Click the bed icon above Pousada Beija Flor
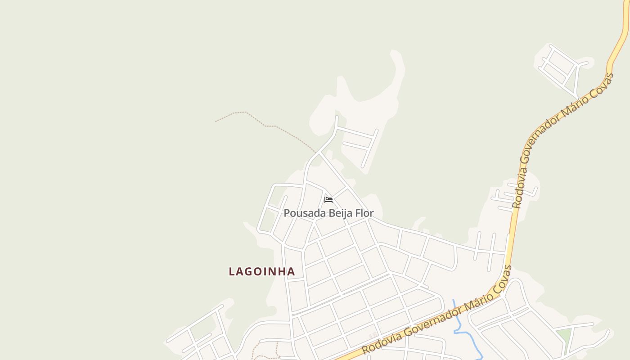pyautogui.click(x=328, y=199)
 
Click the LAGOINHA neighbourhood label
pyautogui.click(x=262, y=271)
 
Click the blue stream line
pyautogui.click(x=468, y=335)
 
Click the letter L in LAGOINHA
pyautogui.click(x=232, y=271)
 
